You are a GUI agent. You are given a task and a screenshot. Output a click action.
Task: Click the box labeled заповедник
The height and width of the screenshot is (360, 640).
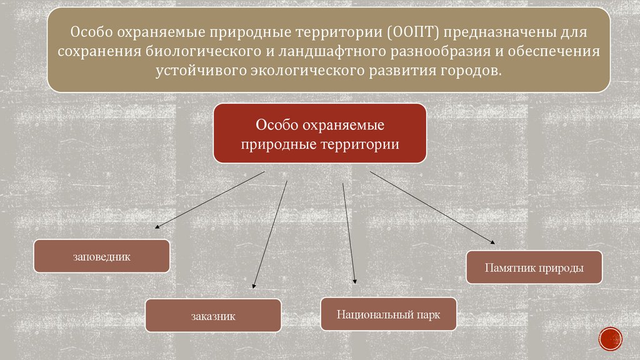[101, 256]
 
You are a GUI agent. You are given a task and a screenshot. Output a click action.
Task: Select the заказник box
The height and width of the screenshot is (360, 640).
[213, 315]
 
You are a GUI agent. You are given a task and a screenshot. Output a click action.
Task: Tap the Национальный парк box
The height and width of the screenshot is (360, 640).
[388, 314]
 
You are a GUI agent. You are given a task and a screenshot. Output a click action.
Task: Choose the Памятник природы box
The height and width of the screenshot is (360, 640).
[534, 267]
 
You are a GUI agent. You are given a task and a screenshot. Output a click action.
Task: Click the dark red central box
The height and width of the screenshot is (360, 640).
[320, 134]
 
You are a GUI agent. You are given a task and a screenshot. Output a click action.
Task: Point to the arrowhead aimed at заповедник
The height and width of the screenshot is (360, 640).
[157, 227]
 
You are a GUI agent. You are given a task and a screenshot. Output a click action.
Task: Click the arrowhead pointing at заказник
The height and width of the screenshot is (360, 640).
[253, 286]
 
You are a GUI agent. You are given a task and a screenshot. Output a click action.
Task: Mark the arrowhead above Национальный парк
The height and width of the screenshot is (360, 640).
[354, 283]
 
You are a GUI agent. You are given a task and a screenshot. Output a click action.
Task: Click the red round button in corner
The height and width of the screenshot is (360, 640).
[611, 339]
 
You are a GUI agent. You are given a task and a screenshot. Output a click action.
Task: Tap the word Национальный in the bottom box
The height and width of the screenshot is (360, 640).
[366, 314]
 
